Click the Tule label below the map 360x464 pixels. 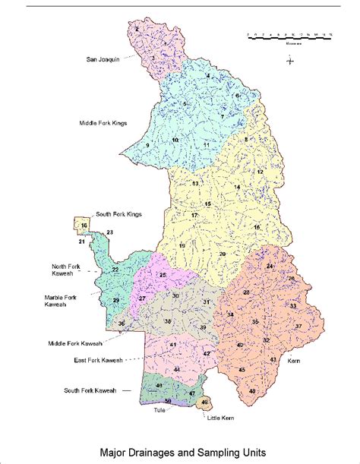tap(159, 410)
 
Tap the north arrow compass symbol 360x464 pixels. tap(290, 62)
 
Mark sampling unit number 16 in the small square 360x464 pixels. tap(84, 226)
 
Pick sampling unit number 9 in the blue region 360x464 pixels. tap(147, 145)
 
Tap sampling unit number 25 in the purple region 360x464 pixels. tap(163, 274)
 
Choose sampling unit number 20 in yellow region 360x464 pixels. tap(222, 254)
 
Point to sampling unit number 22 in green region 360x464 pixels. tap(115, 270)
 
